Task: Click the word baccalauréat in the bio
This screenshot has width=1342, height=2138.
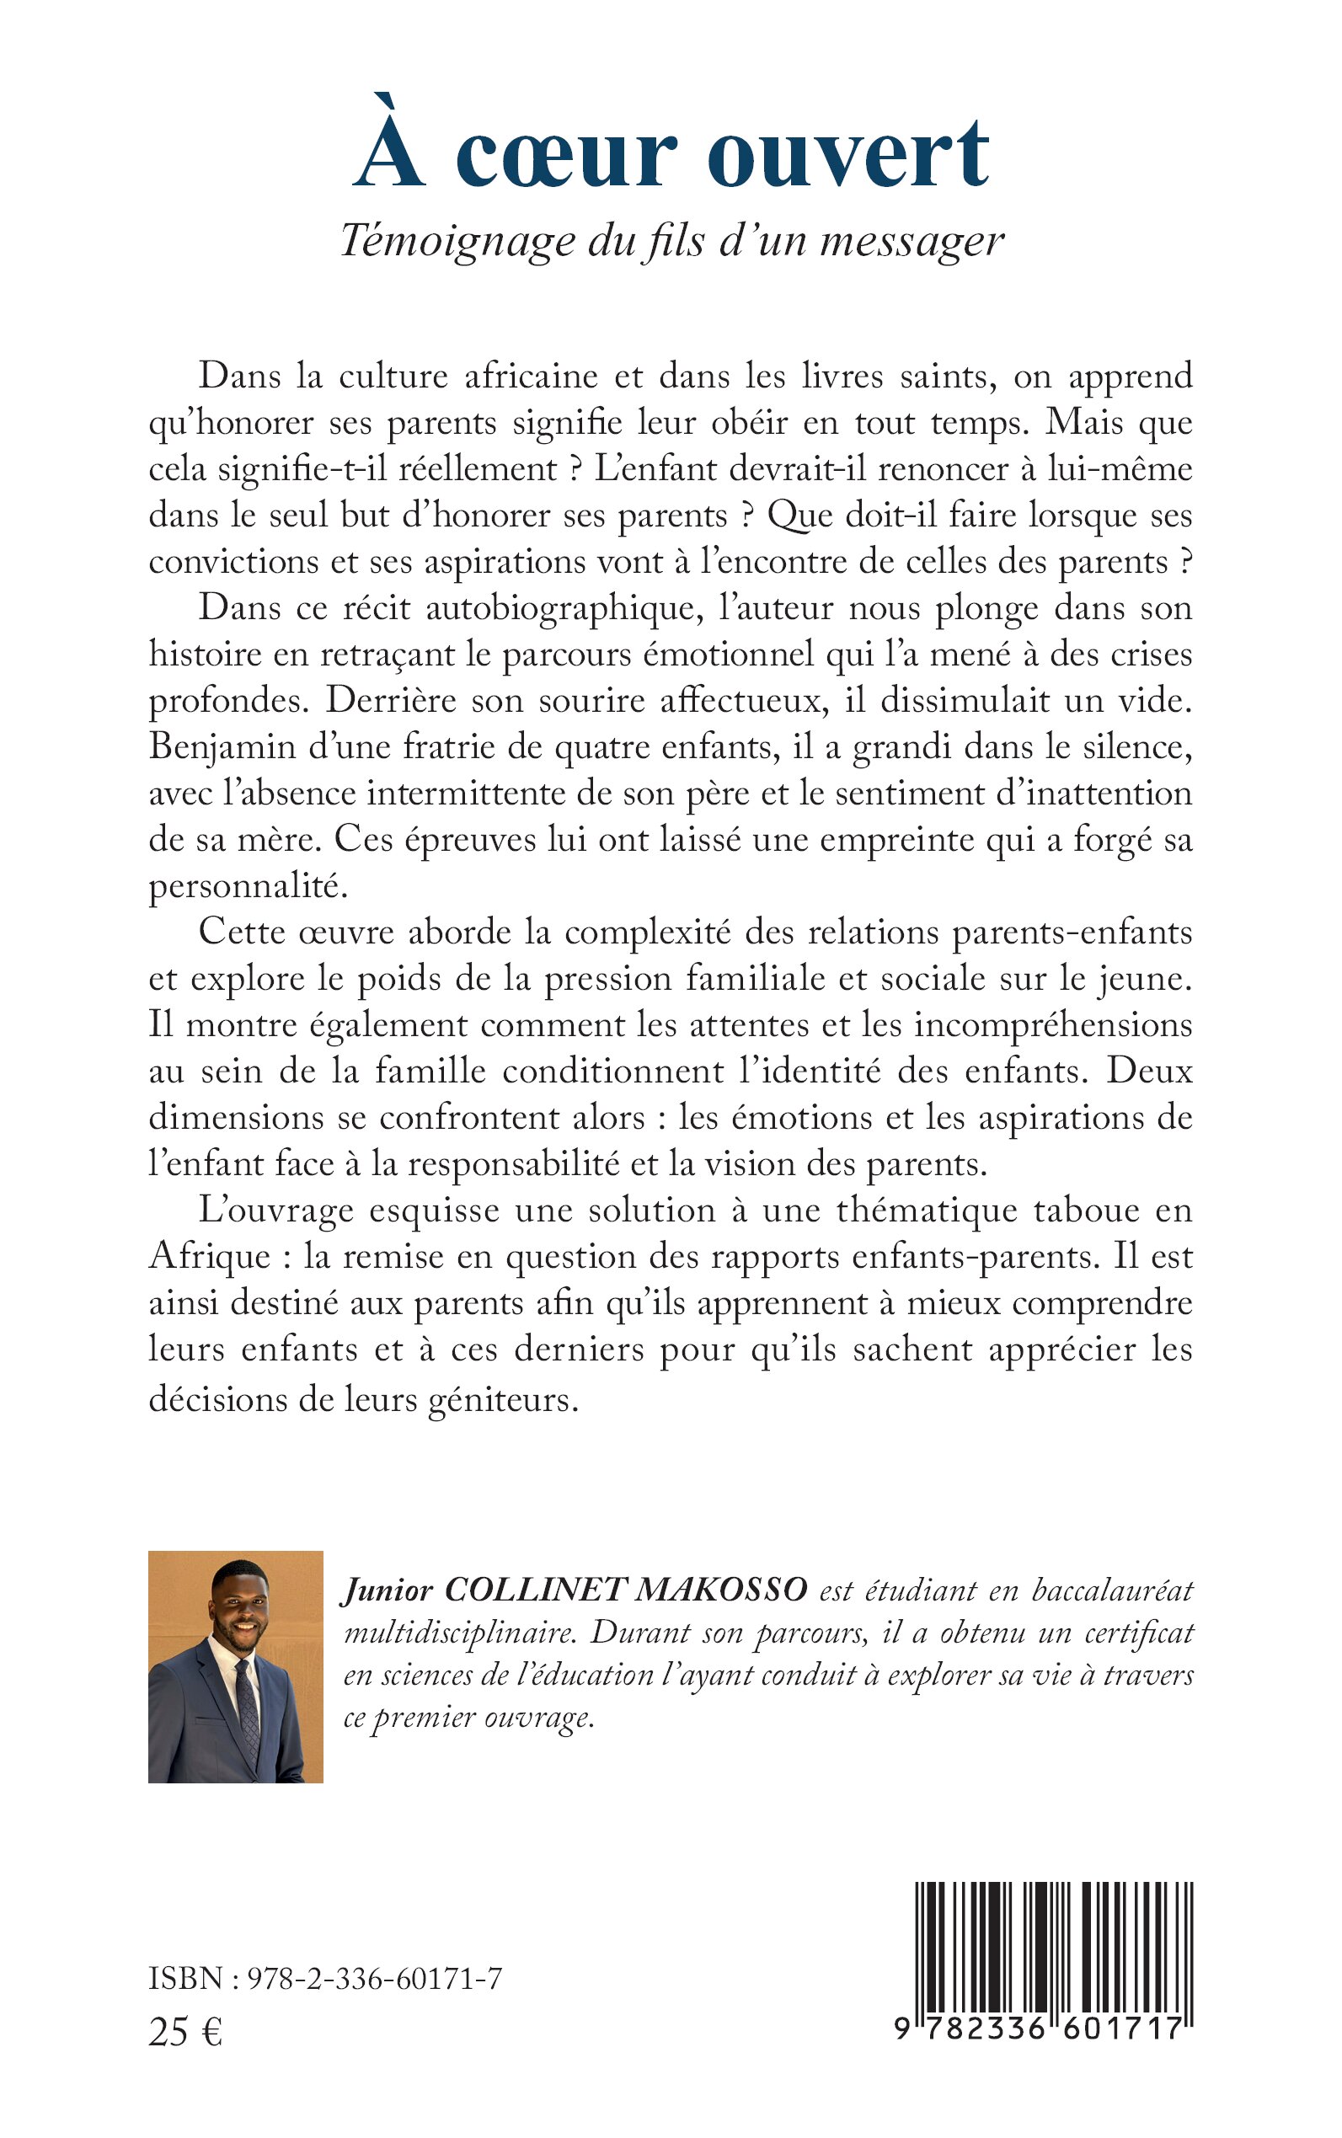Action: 1112,1590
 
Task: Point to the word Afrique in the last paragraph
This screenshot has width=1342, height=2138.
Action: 210,1257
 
